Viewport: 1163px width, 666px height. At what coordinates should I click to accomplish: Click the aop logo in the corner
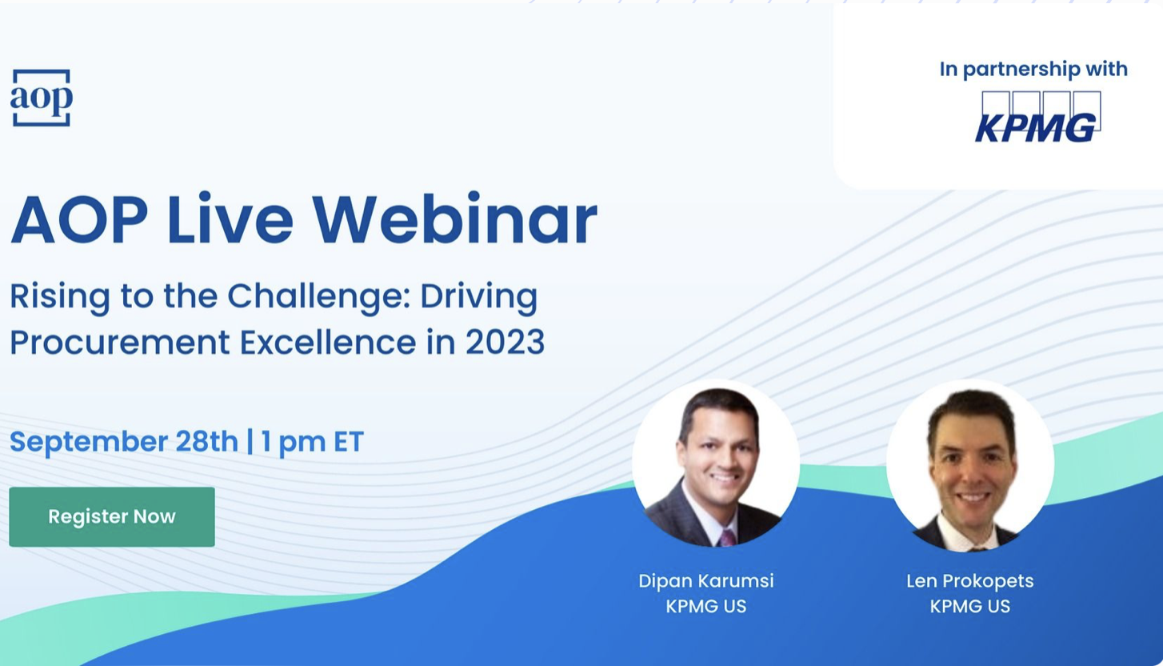pos(41,98)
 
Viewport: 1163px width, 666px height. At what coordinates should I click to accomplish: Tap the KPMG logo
pos(1038,117)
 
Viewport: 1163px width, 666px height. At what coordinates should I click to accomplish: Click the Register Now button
pos(112,516)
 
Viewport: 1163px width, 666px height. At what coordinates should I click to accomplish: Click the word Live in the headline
pos(230,219)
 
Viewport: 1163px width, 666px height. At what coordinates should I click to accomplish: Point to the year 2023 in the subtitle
pos(505,343)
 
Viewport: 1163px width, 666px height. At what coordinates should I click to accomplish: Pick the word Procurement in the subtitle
pos(120,343)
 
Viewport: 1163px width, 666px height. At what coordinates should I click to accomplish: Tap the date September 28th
pos(123,442)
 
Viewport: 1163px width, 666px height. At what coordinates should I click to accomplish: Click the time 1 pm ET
pos(312,443)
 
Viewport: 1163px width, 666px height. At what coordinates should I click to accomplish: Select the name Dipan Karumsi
pos(706,581)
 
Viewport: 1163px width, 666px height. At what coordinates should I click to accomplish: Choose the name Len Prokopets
pos(970,581)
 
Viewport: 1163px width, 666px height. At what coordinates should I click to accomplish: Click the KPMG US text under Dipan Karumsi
pos(706,606)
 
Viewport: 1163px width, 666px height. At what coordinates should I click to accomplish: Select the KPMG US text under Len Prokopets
pos(970,606)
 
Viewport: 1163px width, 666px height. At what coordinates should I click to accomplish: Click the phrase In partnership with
pos(1033,70)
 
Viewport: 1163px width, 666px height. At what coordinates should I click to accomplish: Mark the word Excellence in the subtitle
pos(328,343)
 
